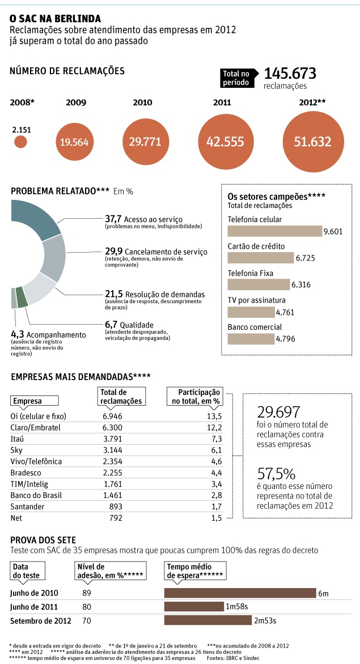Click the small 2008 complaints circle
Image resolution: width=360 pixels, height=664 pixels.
click(20, 142)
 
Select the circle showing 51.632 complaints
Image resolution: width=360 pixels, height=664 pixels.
click(312, 141)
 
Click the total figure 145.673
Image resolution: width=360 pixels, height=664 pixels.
click(290, 74)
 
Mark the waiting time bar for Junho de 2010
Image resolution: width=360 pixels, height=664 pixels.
click(239, 593)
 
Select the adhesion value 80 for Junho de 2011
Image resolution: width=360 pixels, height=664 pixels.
click(86, 607)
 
